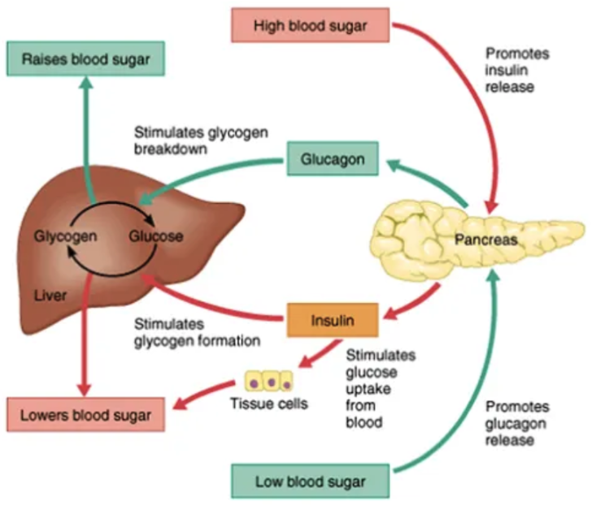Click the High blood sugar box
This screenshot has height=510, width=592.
(310, 25)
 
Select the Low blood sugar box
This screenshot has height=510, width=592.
(310, 482)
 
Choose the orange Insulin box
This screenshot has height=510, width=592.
(332, 319)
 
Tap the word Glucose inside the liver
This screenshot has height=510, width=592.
(155, 237)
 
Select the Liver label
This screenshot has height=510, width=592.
(50, 296)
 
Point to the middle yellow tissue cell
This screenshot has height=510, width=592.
(269, 380)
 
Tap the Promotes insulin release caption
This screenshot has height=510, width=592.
(516, 70)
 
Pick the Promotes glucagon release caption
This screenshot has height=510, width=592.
(518, 423)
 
